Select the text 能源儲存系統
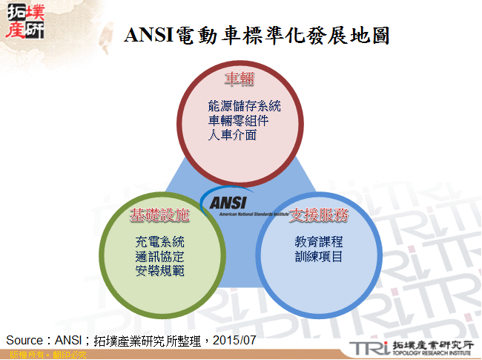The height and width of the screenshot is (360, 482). [x=245, y=106]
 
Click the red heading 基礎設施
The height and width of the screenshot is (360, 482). [x=159, y=216]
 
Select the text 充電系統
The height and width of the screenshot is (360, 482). [x=159, y=242]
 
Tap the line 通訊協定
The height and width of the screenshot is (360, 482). [x=159, y=257]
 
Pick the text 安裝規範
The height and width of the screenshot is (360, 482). [x=159, y=271]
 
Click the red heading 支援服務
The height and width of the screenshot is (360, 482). [x=319, y=216]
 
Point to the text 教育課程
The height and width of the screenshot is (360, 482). [x=318, y=243]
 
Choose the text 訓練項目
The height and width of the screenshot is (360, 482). [x=318, y=257]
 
